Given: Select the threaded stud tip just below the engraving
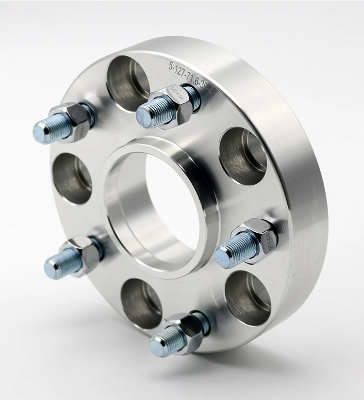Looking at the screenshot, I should pyautogui.click(x=146, y=116).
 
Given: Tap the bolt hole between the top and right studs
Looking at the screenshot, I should pyautogui.click(x=243, y=155).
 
